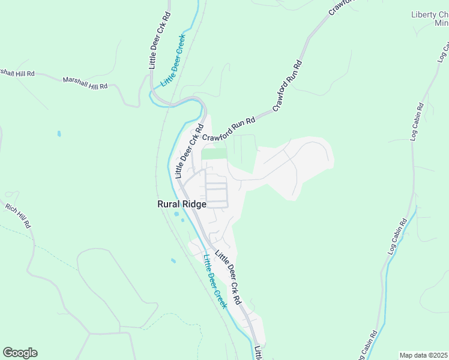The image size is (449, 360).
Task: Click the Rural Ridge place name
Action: [182, 204]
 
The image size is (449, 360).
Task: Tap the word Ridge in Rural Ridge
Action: [194, 204]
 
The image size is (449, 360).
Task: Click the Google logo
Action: [20, 353]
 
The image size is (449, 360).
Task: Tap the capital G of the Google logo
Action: [8, 353]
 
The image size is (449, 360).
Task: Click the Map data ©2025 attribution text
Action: [424, 355]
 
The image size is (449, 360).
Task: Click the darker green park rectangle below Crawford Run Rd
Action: [214, 154]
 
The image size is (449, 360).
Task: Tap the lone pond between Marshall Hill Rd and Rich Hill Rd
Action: [59, 133]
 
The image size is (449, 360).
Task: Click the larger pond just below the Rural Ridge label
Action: [175, 214]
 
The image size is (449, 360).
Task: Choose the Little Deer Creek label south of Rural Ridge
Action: [215, 281]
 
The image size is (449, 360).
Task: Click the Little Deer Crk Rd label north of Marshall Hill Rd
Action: [160, 40]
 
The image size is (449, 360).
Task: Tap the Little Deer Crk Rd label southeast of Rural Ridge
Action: [228, 277]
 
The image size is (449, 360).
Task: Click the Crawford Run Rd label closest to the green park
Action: [229, 129]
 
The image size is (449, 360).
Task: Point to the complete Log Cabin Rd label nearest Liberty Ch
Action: [418, 121]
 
